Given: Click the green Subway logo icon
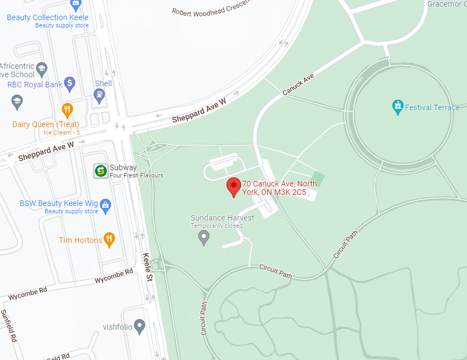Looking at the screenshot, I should coord(101,171).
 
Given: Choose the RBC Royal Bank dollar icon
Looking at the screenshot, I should coord(70,84).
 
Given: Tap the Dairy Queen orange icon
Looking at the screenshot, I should coord(67,109).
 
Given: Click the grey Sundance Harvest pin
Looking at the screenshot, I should coord(204,237).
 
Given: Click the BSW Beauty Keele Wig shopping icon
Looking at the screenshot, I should coord(105,205).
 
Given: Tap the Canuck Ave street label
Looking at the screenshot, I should coord(298,83).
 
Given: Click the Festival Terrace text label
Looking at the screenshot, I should coord(432,107).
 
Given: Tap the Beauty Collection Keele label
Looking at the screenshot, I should coord(48,17).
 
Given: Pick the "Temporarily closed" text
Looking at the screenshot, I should coord(216,226).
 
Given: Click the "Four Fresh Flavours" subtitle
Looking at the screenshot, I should coord(136,175).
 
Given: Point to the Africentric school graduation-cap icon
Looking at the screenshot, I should coord(41,69).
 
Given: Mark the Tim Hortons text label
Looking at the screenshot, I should coord(80,240).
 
